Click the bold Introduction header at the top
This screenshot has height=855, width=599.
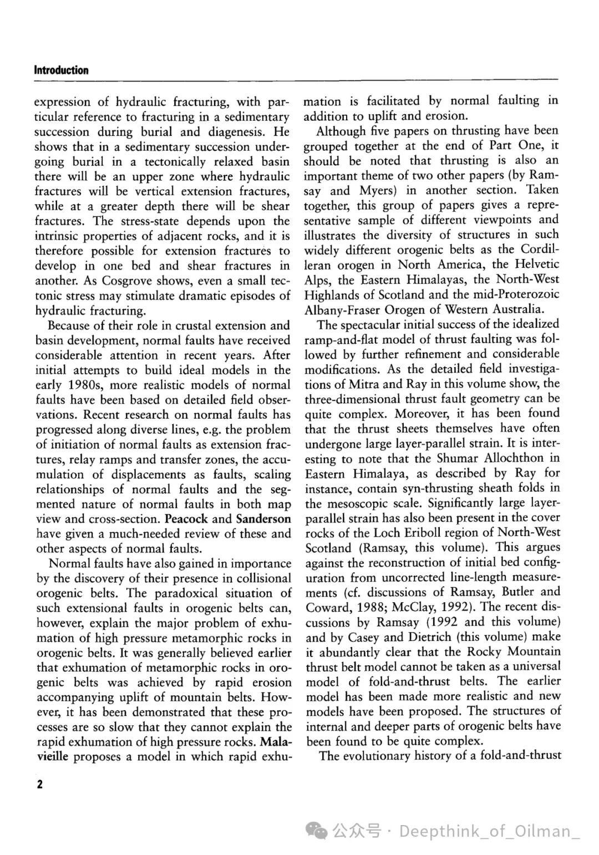tap(61, 70)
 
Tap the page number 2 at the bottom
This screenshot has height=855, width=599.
tap(39, 784)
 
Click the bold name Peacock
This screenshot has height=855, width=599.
tap(186, 519)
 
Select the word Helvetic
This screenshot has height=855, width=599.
tap(535, 264)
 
